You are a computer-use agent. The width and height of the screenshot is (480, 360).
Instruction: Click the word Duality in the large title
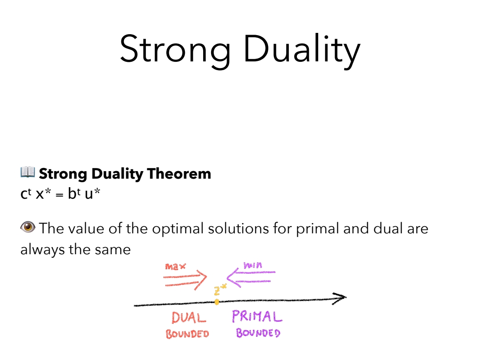tap(302, 49)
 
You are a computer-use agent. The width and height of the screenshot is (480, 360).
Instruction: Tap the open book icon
tap(28, 172)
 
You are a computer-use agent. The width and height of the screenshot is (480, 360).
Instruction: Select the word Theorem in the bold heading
tap(179, 174)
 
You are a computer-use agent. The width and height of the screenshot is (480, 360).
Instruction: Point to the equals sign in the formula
tap(60, 195)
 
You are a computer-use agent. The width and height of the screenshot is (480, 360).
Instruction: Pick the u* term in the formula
tap(92, 193)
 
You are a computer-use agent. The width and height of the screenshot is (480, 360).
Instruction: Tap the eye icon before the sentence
tap(28, 227)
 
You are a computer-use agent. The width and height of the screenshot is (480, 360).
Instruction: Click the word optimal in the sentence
tap(178, 229)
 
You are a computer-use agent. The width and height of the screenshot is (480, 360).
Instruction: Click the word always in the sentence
tap(43, 250)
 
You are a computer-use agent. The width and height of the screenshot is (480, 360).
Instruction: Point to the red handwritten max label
tap(176, 267)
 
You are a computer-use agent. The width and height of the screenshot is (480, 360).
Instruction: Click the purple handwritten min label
tap(253, 265)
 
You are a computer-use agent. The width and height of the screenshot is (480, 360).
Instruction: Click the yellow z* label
tap(220, 289)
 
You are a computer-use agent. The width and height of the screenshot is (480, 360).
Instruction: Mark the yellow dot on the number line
tap(217, 302)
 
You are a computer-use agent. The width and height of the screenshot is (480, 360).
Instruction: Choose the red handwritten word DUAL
tap(189, 318)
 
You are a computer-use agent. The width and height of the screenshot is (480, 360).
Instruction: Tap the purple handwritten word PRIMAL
tap(257, 316)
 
